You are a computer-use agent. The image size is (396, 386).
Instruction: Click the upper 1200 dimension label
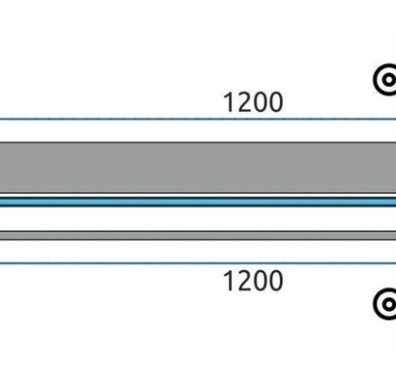(x=253, y=102)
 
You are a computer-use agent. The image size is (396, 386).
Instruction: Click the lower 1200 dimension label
(x=253, y=281)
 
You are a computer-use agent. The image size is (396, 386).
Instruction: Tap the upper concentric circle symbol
(x=385, y=79)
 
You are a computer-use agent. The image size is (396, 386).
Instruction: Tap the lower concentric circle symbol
(x=385, y=304)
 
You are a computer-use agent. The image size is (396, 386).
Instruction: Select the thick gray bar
(x=198, y=167)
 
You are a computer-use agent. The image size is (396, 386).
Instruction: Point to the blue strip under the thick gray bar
(x=198, y=202)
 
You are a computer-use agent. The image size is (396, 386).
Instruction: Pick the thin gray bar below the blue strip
(x=198, y=235)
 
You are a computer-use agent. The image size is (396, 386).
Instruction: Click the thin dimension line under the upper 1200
(x=198, y=119)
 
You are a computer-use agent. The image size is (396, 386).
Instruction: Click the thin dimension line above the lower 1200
(x=198, y=263)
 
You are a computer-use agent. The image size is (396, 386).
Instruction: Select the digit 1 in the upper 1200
(x=229, y=102)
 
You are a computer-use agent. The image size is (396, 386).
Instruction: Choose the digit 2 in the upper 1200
(x=243, y=102)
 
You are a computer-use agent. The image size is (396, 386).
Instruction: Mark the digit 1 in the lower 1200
(x=229, y=281)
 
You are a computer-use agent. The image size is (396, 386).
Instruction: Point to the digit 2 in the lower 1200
(x=243, y=281)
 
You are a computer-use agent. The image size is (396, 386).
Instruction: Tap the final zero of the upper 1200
(x=276, y=102)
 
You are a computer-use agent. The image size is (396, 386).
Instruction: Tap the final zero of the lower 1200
(x=276, y=281)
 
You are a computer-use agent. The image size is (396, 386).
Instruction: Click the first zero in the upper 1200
(x=260, y=102)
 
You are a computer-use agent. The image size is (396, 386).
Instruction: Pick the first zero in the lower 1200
(x=260, y=281)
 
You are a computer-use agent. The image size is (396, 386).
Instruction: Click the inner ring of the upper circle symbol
(x=384, y=79)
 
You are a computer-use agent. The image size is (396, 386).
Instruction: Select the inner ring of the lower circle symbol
(x=384, y=304)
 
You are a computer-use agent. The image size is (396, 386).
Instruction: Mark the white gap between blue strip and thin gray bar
(x=198, y=219)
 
